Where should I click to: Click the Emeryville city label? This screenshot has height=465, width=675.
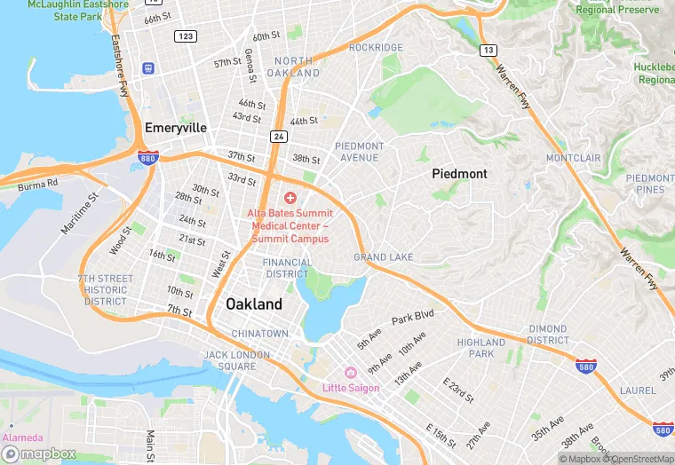[x=176, y=128]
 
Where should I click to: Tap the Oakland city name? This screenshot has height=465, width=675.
[x=254, y=303]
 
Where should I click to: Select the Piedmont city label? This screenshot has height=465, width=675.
[x=459, y=174]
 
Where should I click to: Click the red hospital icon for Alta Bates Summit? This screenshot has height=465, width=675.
[x=290, y=197]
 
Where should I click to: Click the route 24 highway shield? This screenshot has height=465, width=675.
[x=278, y=136]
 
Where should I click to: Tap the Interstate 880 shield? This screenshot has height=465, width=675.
[x=148, y=158]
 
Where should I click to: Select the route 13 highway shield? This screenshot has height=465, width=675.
[x=488, y=50]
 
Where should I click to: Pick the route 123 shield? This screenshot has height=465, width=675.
[x=185, y=36]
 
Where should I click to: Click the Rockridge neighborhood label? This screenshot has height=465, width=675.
[x=376, y=47]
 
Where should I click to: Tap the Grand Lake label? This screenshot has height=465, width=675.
[x=383, y=257]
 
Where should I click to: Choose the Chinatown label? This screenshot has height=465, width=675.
[x=259, y=333]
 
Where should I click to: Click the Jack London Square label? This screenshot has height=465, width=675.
[x=230, y=360]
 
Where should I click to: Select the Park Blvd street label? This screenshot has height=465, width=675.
[x=412, y=316]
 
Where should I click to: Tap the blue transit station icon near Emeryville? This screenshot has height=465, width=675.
[x=147, y=67]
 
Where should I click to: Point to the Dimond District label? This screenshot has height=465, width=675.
[x=547, y=335]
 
